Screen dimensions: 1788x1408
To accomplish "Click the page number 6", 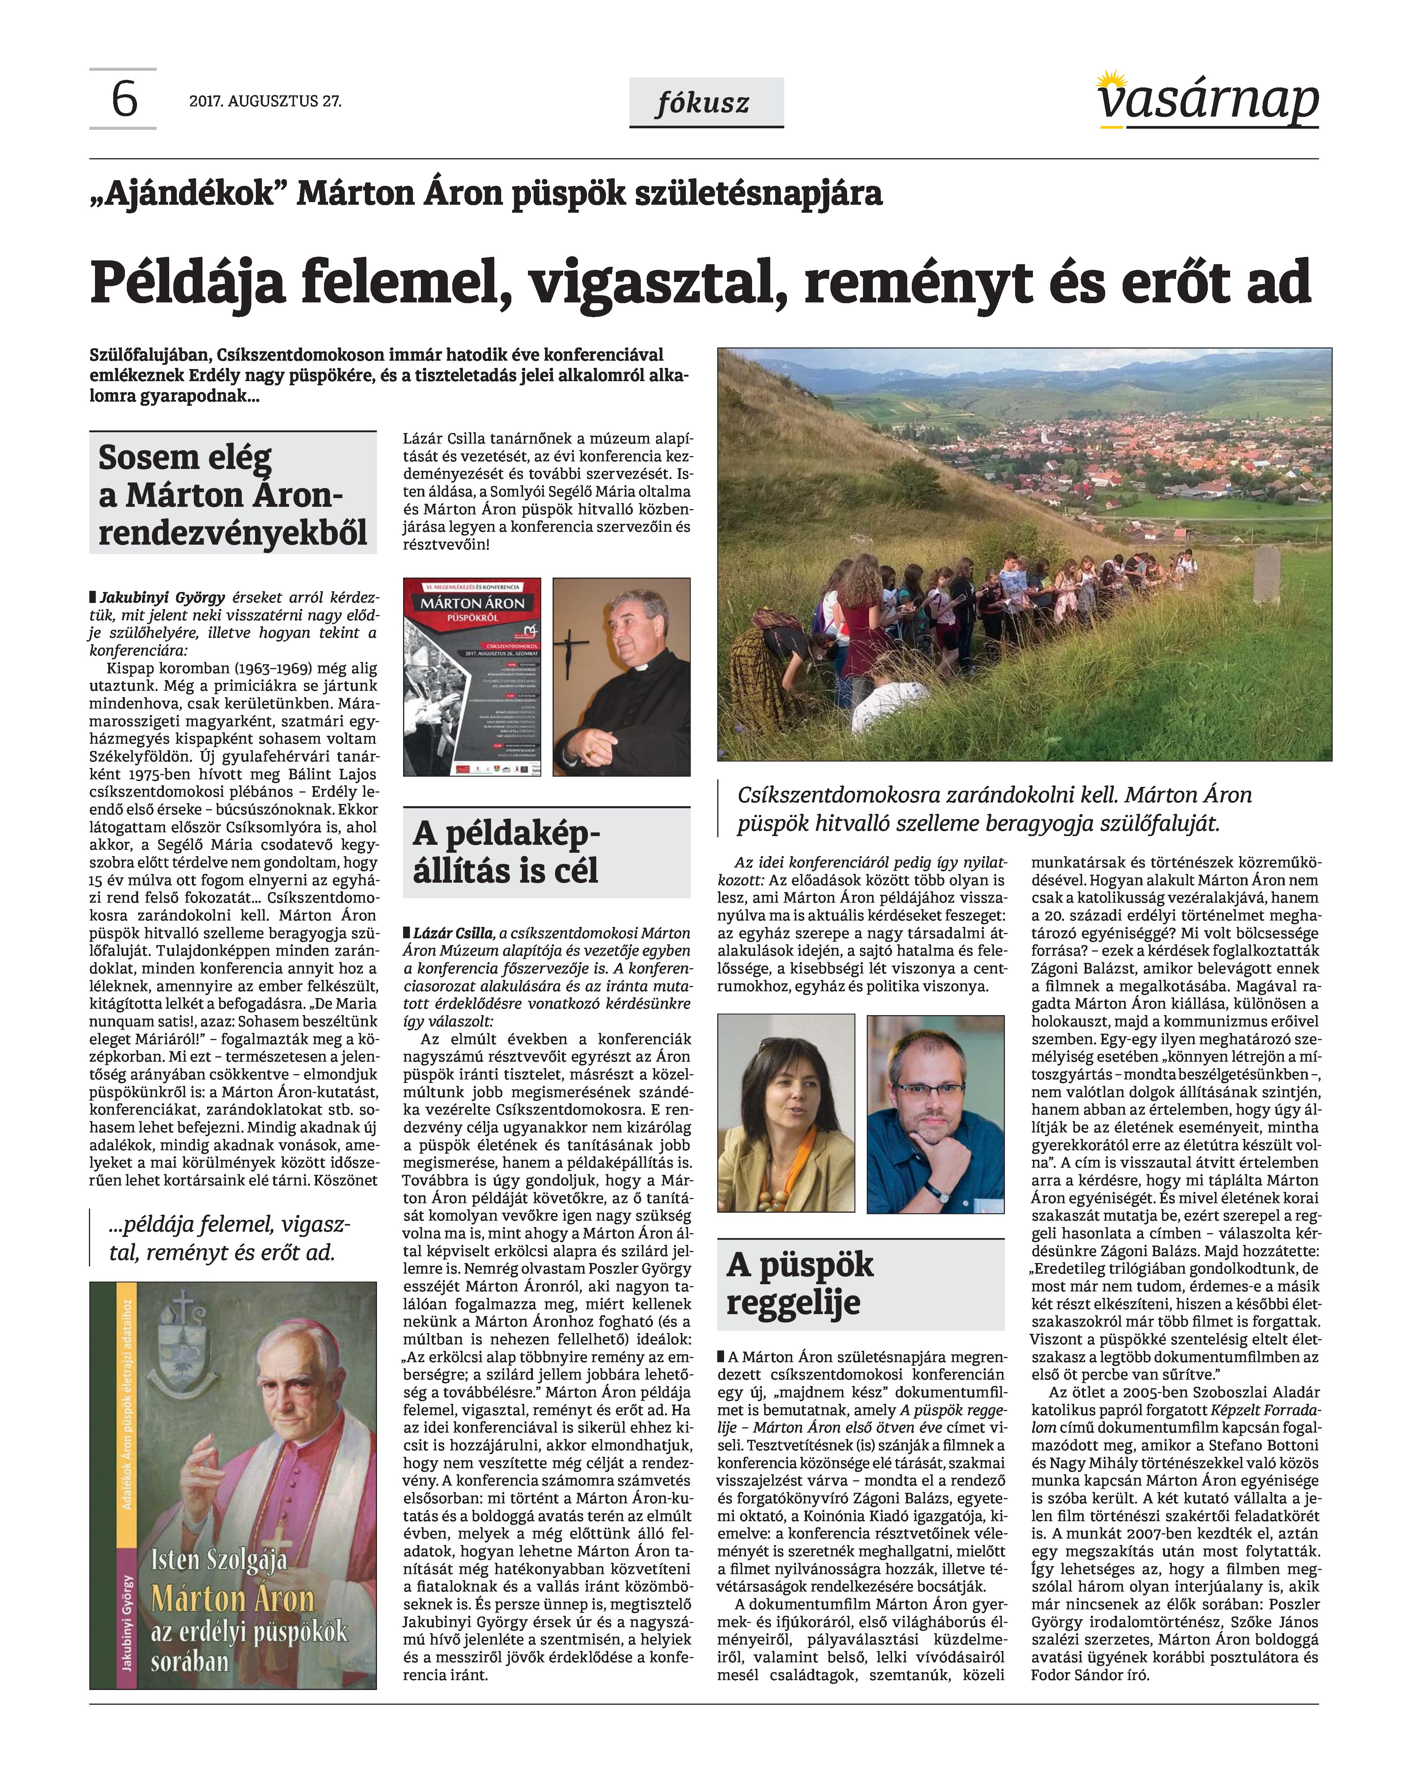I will click(x=124, y=99).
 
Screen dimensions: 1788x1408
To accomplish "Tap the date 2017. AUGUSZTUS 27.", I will click(x=265, y=101).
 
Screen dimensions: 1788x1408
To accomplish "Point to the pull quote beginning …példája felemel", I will click(x=229, y=1238).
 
